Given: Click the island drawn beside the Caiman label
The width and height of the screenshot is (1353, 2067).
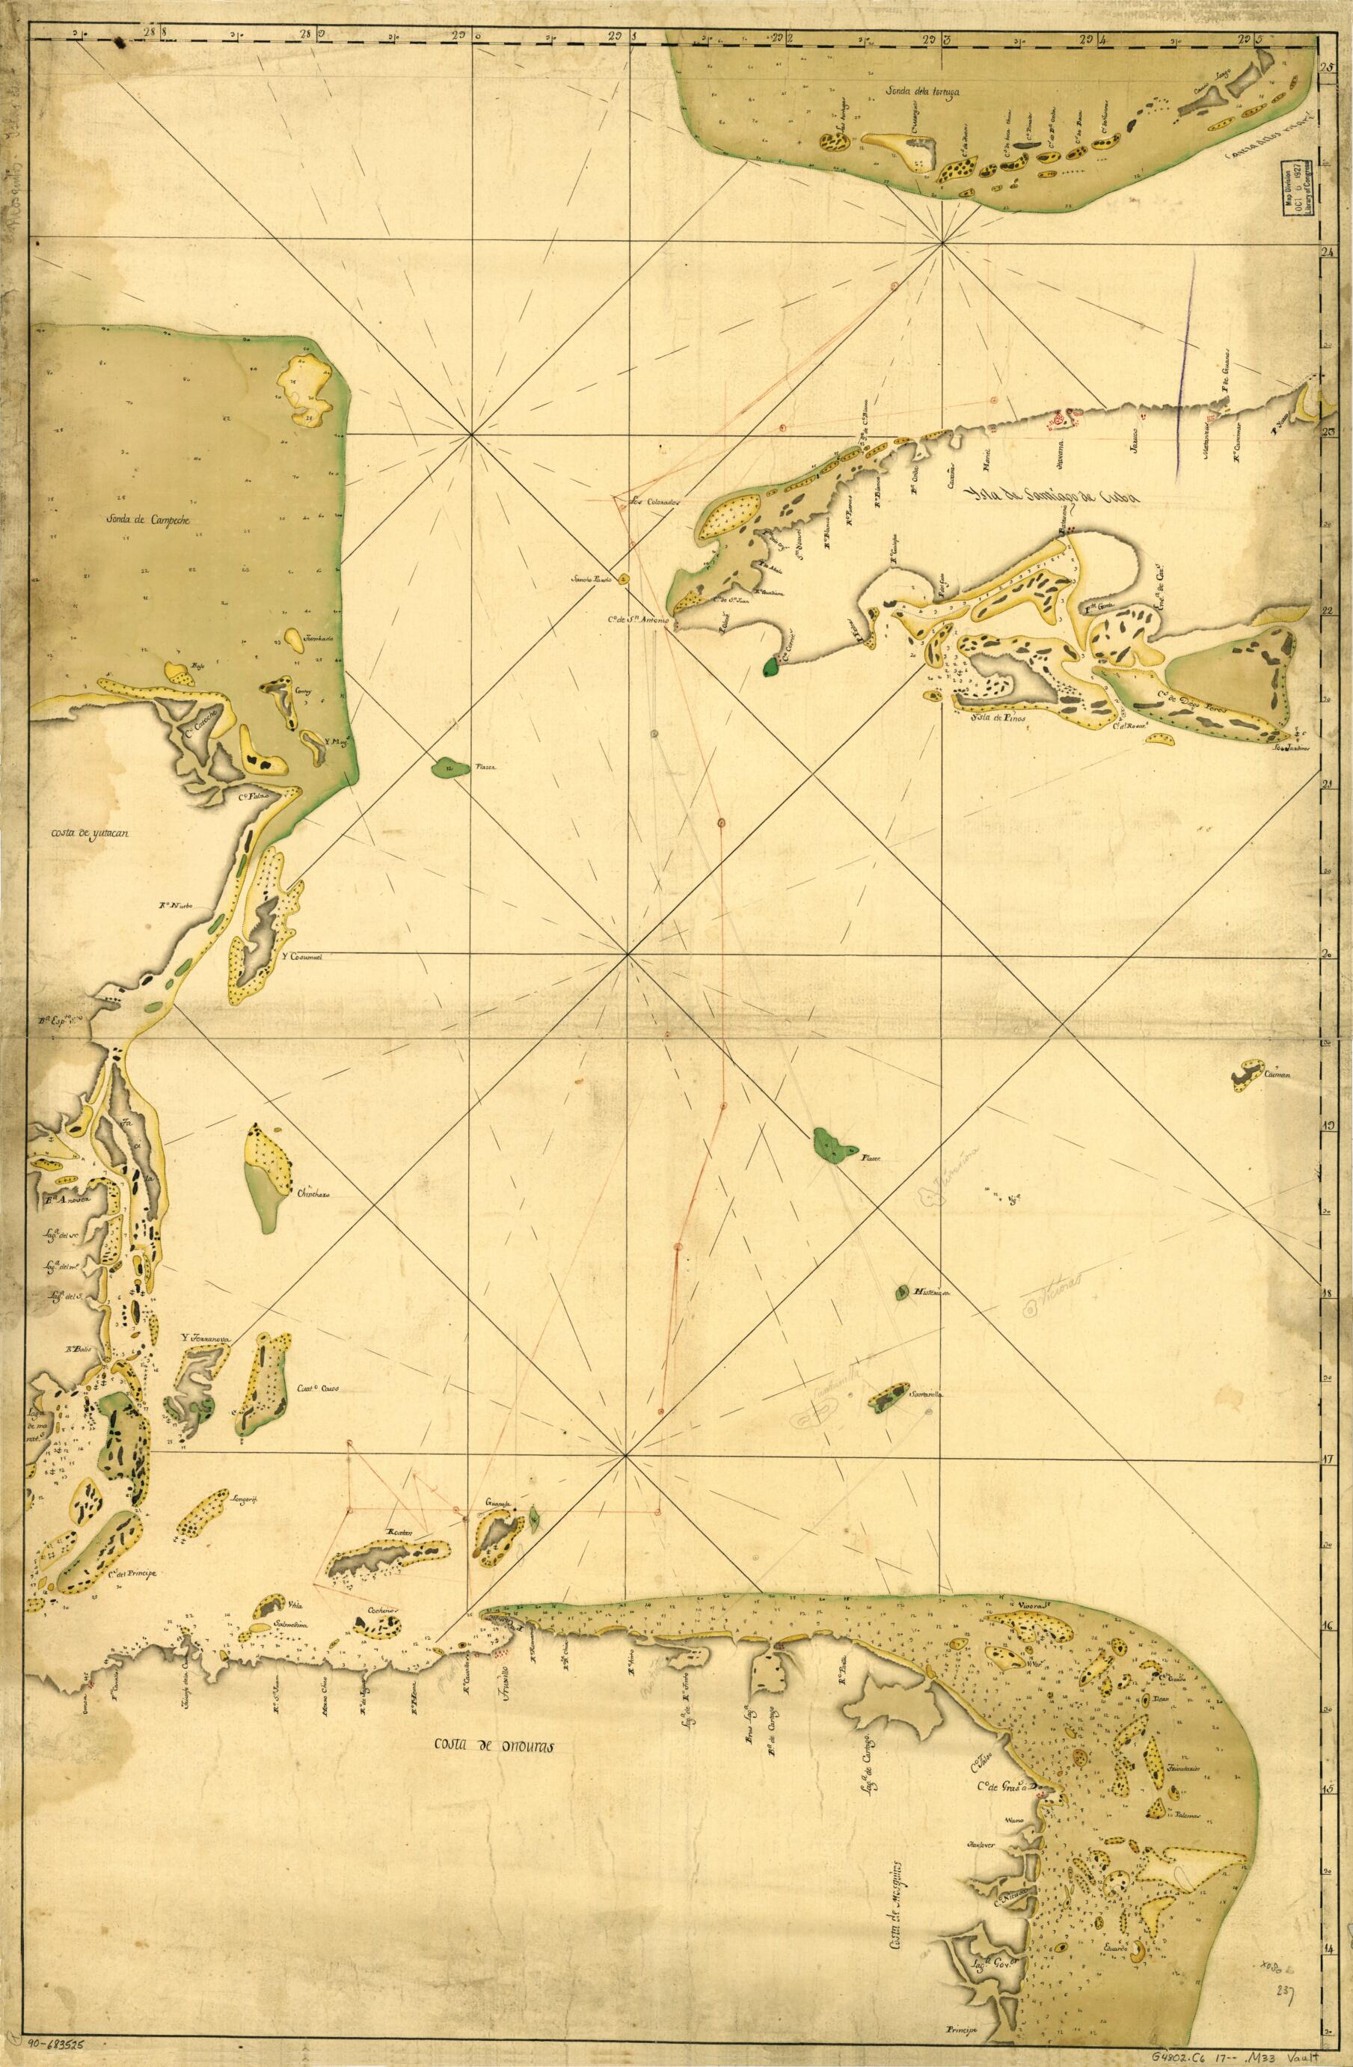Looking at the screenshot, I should [x=1248, y=1075].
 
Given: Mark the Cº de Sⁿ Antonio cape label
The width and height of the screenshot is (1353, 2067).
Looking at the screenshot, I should [x=636, y=619].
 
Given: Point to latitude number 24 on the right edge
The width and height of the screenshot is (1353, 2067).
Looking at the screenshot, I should [x=1326, y=254].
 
